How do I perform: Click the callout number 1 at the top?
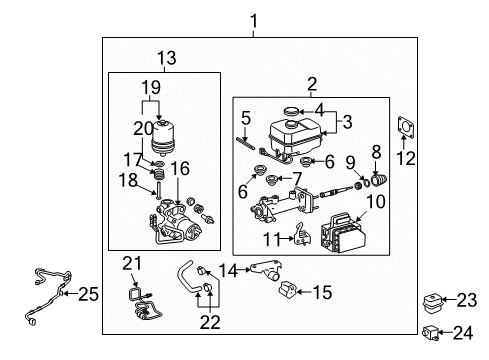254,20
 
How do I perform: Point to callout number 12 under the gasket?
405,158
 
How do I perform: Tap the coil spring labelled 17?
156,179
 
